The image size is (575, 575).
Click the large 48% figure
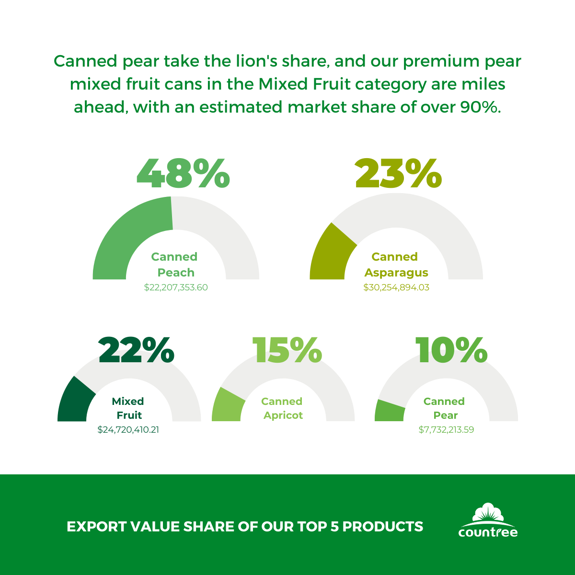click(183, 173)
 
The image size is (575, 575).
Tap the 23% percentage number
click(398, 173)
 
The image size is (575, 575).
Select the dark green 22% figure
click(136, 350)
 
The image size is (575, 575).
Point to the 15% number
click(287, 350)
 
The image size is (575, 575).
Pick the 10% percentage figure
click(451, 350)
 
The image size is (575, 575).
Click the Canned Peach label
click(175, 264)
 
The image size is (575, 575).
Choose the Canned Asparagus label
click(396, 264)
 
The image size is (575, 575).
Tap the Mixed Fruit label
click(128, 408)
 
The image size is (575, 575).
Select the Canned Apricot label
click(282, 408)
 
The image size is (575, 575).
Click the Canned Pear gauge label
click(445, 408)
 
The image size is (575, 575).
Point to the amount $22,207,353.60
click(176, 287)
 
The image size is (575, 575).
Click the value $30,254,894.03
click(396, 287)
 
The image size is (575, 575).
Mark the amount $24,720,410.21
click(128, 430)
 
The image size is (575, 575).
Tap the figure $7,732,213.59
click(446, 430)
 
